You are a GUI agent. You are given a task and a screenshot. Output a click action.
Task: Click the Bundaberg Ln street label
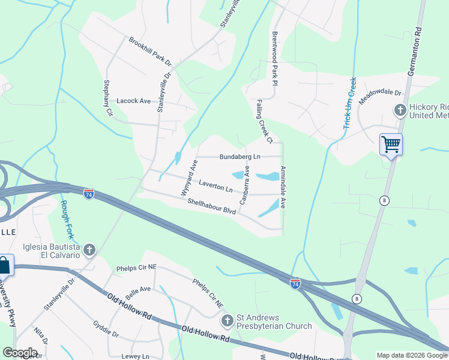tap(240, 156)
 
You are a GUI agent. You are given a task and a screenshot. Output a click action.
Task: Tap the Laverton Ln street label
tap(215, 187)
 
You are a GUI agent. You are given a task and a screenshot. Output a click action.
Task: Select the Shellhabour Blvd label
tap(211, 207)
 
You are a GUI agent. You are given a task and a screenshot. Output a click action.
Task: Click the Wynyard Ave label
tap(190, 178)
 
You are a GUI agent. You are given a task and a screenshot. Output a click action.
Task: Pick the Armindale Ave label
tap(283, 187)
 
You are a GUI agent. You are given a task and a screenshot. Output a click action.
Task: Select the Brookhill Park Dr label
tap(149, 52)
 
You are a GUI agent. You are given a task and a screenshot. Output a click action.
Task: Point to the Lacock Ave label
tap(133, 101)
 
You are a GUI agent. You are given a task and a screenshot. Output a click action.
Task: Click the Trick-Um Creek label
tap(350, 102)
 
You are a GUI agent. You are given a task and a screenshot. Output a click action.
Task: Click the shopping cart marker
tap(391, 145)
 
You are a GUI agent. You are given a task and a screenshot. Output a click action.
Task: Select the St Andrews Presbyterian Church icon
tap(227, 321)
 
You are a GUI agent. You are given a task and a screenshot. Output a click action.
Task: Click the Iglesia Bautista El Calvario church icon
tap(89, 250)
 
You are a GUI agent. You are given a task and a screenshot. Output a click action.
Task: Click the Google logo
tap(20, 353)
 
